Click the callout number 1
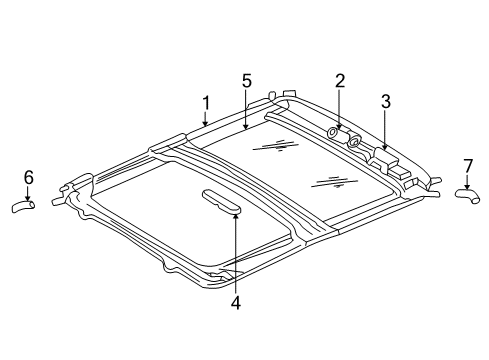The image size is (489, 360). (205, 102)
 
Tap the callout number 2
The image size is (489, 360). (340, 81)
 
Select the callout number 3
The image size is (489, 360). (385, 100)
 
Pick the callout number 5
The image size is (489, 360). (245, 81)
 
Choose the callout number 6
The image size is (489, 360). (28, 177)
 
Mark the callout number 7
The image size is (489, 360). (467, 164)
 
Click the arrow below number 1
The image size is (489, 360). (205, 121)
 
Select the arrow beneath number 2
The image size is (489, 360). (340, 109)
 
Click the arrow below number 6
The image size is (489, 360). (28, 195)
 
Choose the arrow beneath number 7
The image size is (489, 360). (467, 180)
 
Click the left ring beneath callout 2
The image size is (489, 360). (332, 133)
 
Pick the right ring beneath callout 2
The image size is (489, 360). (353, 142)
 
